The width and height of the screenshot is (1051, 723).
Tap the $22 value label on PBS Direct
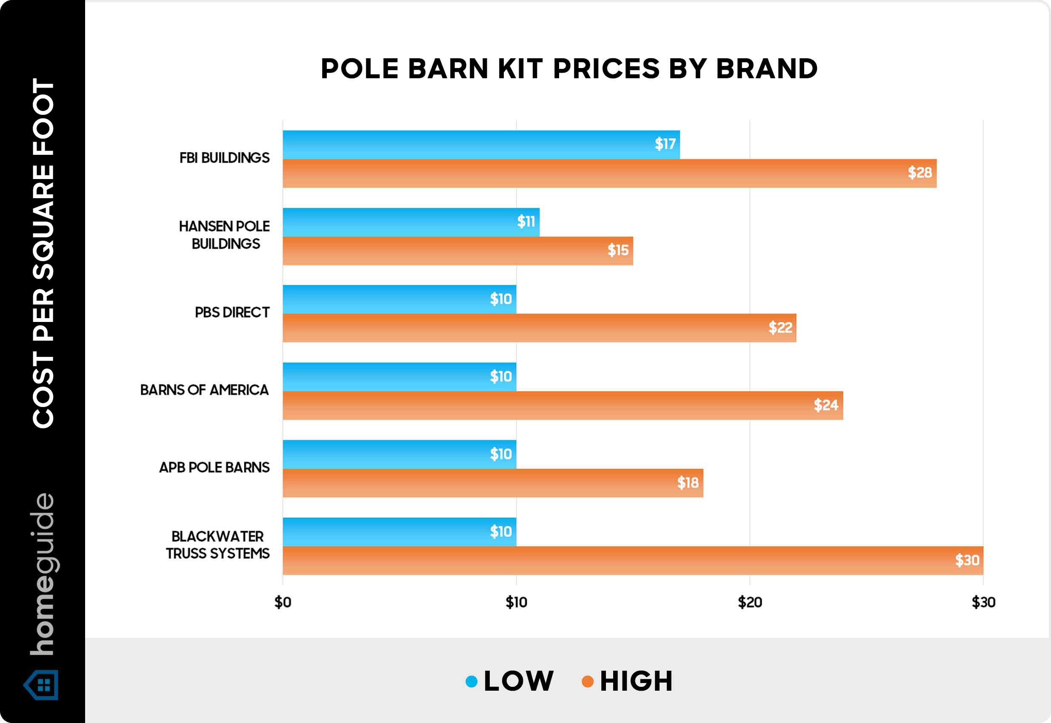[x=780, y=327]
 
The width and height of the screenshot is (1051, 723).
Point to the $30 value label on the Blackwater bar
[x=967, y=561]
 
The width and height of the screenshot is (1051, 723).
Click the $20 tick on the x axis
[x=750, y=603]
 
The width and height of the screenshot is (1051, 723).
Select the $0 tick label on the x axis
[x=283, y=603]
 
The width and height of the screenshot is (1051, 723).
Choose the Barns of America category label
[x=204, y=390]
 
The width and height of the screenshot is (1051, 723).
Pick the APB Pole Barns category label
[x=214, y=467]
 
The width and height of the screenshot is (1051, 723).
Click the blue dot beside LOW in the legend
[x=471, y=681]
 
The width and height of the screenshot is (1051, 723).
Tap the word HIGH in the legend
[x=636, y=681]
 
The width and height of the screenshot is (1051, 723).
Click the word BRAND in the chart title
[x=767, y=69]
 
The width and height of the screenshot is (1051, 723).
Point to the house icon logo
[x=41, y=684]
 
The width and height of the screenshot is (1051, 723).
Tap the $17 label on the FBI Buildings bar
[x=665, y=144]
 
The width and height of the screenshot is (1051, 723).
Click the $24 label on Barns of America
[x=826, y=405]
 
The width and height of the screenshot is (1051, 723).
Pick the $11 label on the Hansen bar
[x=526, y=222]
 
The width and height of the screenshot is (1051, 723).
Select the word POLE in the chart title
[x=360, y=69]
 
